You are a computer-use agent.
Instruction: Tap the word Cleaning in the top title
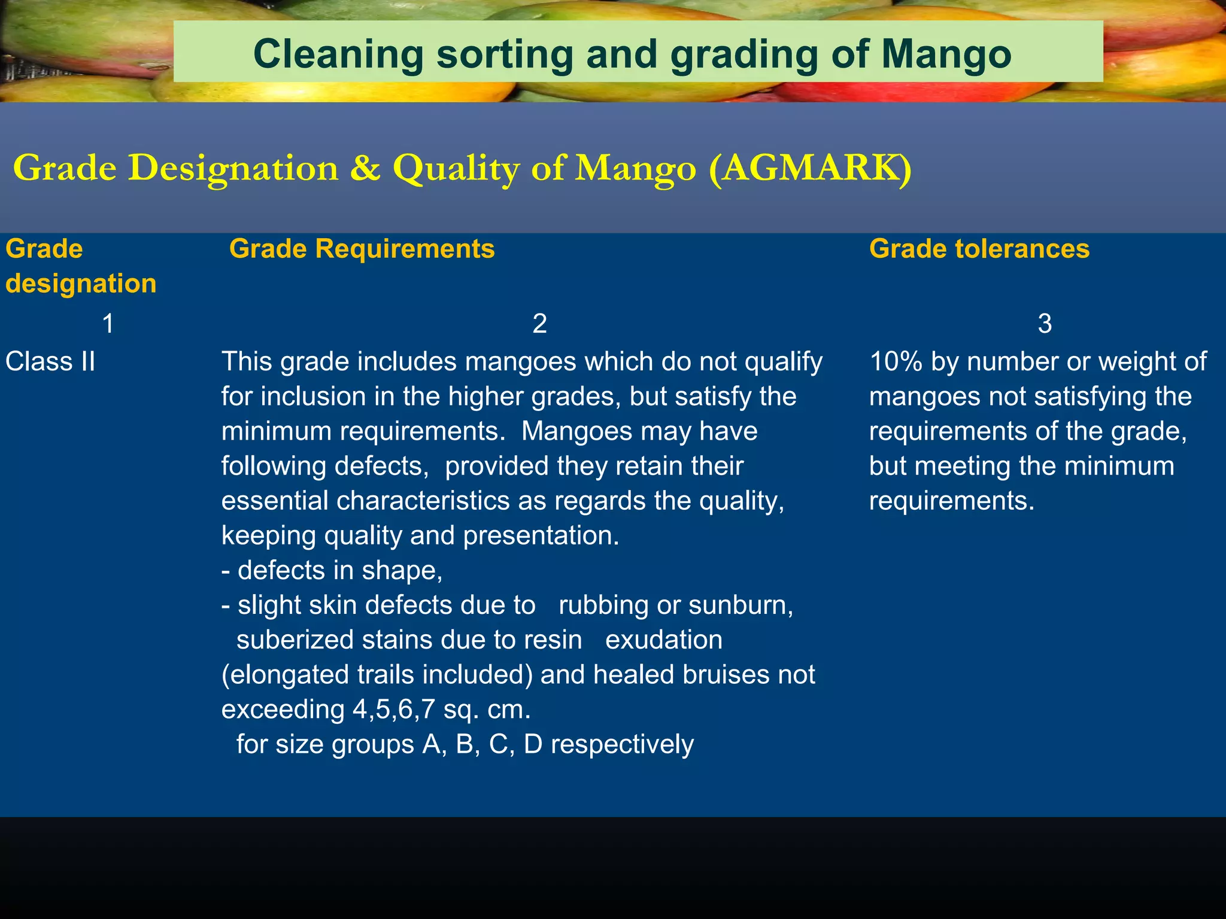pos(338,54)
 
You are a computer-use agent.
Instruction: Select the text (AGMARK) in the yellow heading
pos(810,168)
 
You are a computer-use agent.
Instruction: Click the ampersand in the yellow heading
pos(365,168)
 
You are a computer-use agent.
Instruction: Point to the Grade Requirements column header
pos(362,249)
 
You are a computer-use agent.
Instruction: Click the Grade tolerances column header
pos(979,249)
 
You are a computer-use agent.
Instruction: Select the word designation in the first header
pos(81,284)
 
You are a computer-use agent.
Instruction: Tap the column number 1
pos(108,324)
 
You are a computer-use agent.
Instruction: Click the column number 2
pos(539,324)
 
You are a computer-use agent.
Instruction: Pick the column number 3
pos(1044,324)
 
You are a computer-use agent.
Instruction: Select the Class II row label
pos(50,362)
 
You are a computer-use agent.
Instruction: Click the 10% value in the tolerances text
pos(896,362)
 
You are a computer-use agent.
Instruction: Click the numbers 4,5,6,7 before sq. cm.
pos(393,710)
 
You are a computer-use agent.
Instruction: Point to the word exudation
pos(663,640)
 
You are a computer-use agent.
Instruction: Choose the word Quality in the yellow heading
pos(456,168)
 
